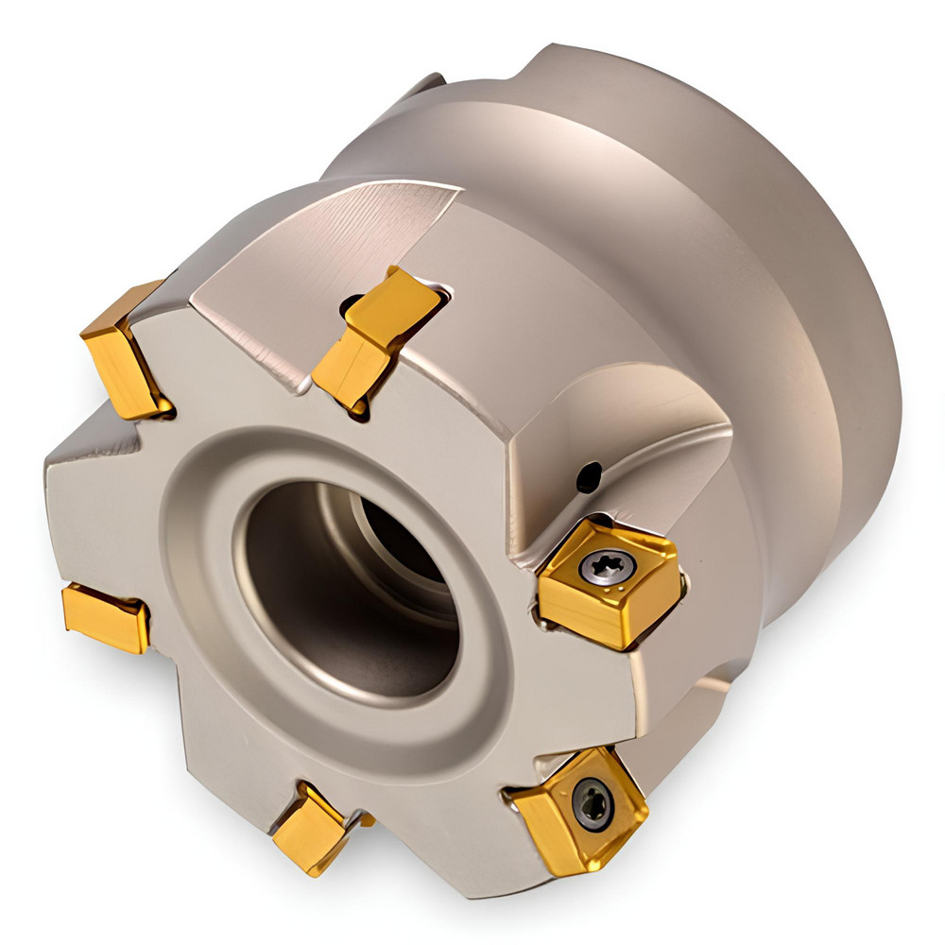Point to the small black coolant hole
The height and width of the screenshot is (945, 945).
588,477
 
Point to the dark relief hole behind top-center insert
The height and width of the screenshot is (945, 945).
352,304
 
